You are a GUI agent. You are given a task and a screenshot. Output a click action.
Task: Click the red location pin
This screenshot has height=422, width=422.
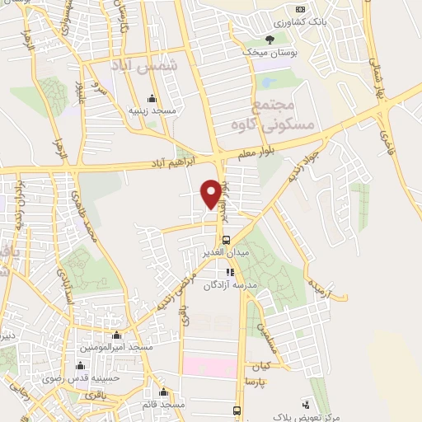212,193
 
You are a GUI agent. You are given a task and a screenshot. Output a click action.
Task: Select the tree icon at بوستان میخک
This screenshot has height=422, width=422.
270,39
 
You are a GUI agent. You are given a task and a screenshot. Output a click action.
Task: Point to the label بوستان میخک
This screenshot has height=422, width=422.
268,52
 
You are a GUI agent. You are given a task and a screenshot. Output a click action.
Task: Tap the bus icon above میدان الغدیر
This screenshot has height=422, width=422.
227,241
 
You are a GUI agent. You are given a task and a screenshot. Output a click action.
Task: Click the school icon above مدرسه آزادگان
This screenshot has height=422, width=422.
231,271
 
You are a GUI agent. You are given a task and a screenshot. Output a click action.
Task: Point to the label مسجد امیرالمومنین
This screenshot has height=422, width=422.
116,347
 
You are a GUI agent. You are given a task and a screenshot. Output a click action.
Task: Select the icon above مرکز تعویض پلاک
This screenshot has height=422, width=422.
307,404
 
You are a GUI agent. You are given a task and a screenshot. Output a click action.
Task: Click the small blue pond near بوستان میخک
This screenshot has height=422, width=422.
269,82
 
